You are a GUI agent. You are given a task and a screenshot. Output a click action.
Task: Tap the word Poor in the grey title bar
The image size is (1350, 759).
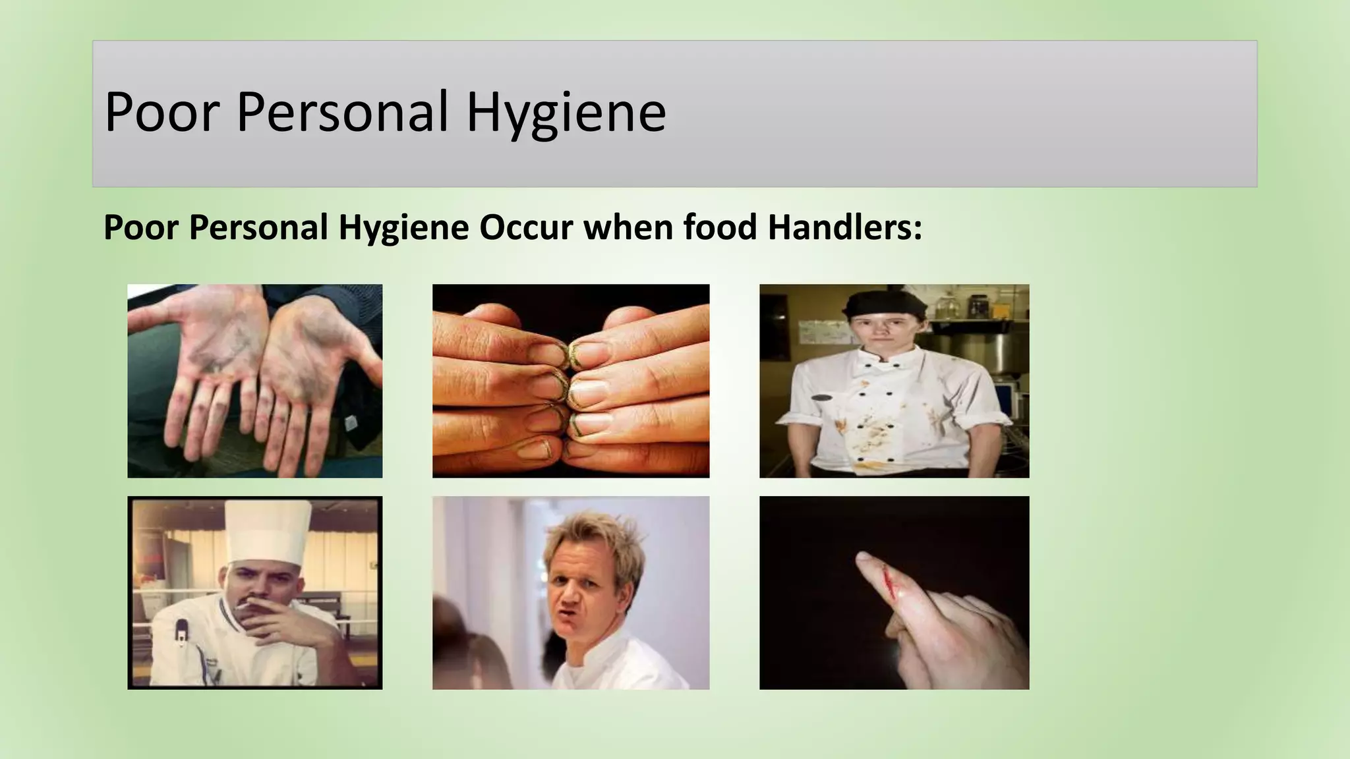tap(161, 112)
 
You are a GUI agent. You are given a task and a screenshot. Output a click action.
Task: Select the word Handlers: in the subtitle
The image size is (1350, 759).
tap(844, 227)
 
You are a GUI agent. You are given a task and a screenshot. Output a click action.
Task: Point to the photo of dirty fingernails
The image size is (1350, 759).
tap(571, 381)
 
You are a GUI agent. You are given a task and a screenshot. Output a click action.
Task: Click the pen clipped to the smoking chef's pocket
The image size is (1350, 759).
tap(181, 636)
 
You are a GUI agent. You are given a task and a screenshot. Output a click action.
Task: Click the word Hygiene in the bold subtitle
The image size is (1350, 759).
tap(403, 229)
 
